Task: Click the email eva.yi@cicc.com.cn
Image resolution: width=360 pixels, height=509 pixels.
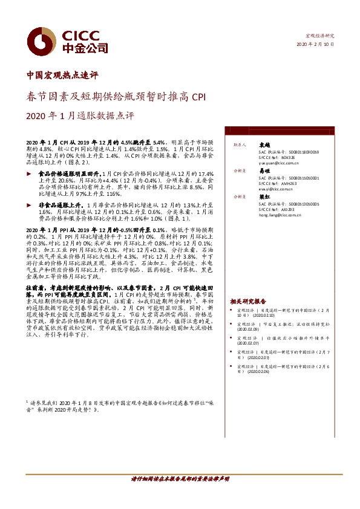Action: click(x=272, y=189)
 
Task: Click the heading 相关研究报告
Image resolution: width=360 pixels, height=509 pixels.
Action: click(x=248, y=300)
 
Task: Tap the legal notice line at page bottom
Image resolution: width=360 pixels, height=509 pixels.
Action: click(x=180, y=496)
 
